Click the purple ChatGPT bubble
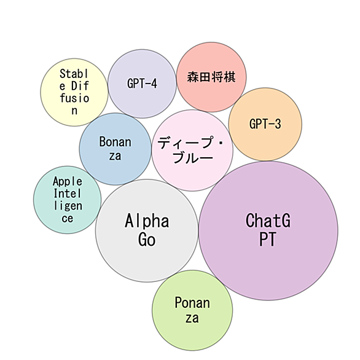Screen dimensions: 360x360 click(268, 230)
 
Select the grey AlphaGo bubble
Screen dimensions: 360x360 click(147, 230)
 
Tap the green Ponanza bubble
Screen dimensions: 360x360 click(192, 310)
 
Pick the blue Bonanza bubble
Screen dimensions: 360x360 click(115, 149)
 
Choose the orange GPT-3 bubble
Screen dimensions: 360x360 click(265, 124)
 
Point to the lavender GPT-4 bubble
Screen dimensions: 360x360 click(142, 84)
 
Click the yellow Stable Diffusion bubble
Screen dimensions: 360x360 click(74, 92)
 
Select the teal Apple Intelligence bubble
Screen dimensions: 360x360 click(68, 200)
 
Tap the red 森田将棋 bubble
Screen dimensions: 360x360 click(211, 77)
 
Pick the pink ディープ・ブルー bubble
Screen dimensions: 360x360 click(192, 150)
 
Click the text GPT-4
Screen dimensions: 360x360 click(142, 84)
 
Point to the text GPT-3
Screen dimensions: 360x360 click(265, 124)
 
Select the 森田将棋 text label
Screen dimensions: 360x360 click(211, 77)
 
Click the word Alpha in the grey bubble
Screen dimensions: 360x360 click(147, 221)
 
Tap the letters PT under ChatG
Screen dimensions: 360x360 click(267, 239)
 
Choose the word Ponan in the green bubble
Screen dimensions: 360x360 click(192, 303)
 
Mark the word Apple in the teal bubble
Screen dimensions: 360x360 click(68, 181)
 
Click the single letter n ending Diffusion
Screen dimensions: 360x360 click(74, 111)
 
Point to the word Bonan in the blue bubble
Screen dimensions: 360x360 click(115, 142)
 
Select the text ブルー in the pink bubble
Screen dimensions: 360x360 click(193, 158)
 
